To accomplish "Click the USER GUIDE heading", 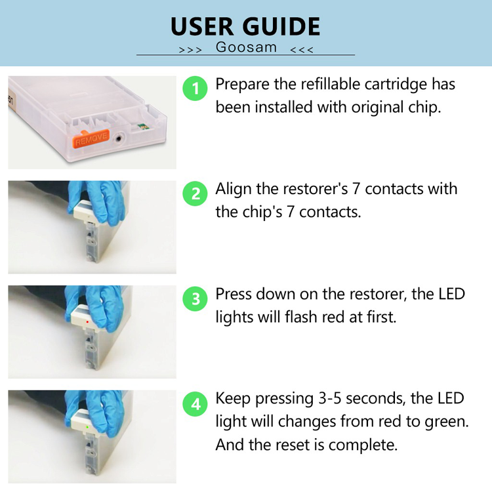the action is point(245,26).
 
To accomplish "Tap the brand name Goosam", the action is point(246,47).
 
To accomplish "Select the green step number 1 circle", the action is point(195,89).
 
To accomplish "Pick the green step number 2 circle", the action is point(195,194).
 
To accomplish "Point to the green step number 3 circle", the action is point(195,298).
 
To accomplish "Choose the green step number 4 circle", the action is point(195,404).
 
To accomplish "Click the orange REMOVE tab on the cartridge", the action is point(91,138).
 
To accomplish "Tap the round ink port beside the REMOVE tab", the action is point(119,138).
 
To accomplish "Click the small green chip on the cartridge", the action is point(143,127).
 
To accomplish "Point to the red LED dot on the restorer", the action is point(87,321).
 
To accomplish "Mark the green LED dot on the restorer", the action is point(87,427).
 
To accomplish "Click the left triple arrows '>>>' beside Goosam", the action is point(190,50).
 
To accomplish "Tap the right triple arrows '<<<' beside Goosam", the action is point(302,50).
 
